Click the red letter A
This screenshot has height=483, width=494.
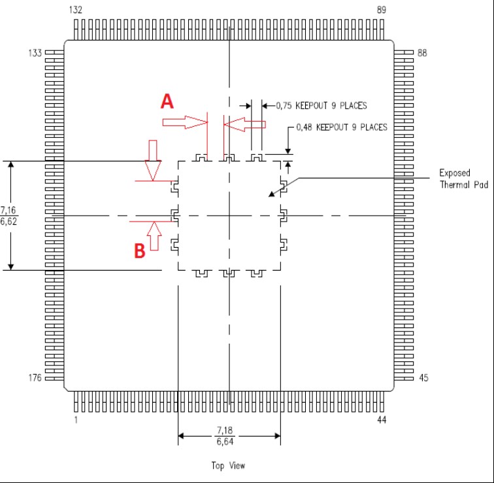tap(167, 101)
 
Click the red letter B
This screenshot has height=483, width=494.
tap(140, 251)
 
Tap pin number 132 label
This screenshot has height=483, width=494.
tap(76, 10)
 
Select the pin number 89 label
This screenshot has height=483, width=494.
tap(382, 10)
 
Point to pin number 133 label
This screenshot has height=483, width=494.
tap(35, 53)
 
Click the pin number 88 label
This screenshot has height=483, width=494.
tap(422, 53)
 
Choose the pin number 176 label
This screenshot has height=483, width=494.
tap(35, 378)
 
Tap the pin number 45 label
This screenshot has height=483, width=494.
tap(423, 378)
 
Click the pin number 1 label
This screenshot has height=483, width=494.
tap(76, 420)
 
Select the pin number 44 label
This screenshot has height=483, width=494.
tap(382, 420)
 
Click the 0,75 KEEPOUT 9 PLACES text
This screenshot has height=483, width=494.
tap(321, 105)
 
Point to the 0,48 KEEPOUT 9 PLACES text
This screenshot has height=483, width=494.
tap(342, 127)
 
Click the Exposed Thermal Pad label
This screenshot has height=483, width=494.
tap(464, 178)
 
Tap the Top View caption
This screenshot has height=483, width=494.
tap(228, 465)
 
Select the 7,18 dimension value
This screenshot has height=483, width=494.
tap(225, 430)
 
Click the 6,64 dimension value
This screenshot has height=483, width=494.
tap(225, 441)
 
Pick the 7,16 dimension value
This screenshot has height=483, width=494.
tap(8, 210)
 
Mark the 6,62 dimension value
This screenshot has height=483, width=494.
tap(8, 222)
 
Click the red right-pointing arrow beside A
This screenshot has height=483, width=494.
tap(186, 122)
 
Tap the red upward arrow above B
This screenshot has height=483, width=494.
tap(154, 237)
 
